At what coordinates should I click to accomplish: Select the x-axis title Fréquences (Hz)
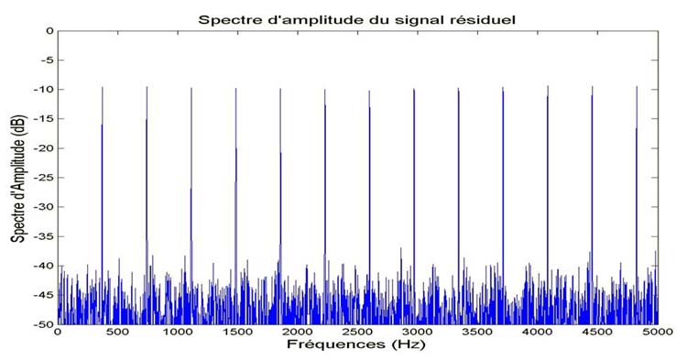coord(355,344)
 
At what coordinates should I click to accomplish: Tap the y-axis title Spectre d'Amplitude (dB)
coord(19,179)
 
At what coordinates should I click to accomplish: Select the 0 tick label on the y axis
coord(50,30)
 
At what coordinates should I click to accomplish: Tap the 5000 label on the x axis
coord(658,332)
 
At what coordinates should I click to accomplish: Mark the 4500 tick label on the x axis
coord(598,332)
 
